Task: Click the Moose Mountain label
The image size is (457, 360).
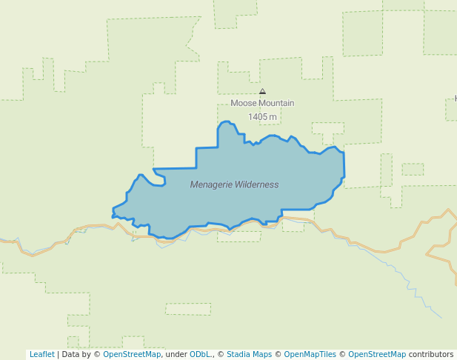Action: point(262,104)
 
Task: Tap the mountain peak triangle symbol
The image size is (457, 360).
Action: point(262,92)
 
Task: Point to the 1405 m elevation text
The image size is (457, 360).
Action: point(262,117)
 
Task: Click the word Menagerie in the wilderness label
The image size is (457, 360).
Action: point(211,184)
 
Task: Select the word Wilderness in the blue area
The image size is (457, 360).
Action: point(257,184)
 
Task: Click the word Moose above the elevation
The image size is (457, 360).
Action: point(244,104)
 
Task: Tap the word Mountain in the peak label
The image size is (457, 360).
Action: point(276,104)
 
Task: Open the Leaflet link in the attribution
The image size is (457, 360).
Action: point(41,354)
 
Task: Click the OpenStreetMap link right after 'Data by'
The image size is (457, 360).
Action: point(132,354)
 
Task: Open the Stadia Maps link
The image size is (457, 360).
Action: point(249,354)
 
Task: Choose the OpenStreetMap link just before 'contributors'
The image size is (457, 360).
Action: point(377,354)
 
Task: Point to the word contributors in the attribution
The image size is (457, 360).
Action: point(431,354)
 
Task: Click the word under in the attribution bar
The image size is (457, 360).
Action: point(176,354)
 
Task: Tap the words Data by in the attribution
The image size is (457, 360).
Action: point(76,354)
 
